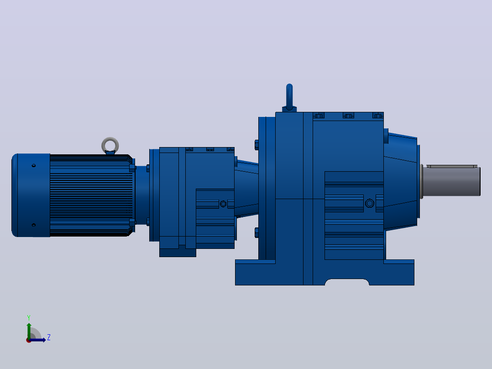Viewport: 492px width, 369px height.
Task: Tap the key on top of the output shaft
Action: pos(452,166)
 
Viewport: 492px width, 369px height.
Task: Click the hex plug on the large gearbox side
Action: pos(370,203)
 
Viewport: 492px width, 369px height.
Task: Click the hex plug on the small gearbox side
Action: pos(223,204)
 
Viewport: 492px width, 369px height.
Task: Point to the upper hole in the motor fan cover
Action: pos(34,165)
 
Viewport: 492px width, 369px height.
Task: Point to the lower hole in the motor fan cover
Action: pos(34,225)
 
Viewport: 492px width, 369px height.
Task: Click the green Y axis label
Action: pos(29,317)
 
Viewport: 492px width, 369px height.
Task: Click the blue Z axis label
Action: pos(49,337)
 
